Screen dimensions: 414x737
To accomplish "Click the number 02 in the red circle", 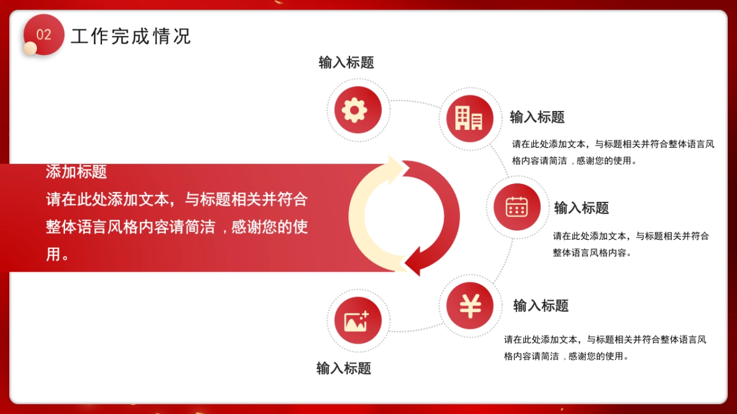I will [x=44, y=34].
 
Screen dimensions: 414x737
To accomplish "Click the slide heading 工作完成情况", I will [x=131, y=36].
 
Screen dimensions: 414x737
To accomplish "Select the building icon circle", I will [x=469, y=117].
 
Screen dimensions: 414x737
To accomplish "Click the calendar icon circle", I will [x=517, y=207].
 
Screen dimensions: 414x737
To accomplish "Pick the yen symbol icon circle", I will [x=470, y=305].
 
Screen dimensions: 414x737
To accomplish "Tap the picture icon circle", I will [x=357, y=320].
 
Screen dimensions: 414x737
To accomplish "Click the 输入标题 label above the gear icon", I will [x=346, y=63].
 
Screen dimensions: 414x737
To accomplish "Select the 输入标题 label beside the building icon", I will [x=537, y=117].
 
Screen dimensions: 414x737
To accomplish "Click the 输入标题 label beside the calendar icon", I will [x=582, y=208].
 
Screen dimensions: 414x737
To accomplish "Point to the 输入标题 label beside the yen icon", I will [x=541, y=305].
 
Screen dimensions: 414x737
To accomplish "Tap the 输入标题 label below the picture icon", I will [x=344, y=368].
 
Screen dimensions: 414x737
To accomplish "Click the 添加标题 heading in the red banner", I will [x=76, y=172].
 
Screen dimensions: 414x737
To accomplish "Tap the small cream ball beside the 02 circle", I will [x=30, y=48].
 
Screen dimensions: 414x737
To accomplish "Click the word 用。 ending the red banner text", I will [x=57, y=254].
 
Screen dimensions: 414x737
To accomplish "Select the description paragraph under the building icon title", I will [x=613, y=153].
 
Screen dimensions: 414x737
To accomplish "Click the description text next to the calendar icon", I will [x=631, y=244].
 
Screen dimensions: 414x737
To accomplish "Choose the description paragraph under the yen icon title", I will [x=605, y=348].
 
